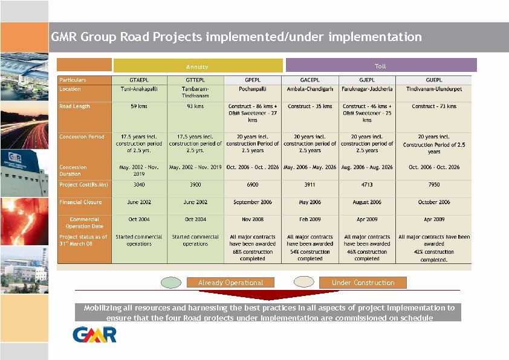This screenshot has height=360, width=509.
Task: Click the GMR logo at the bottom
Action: click(x=94, y=334)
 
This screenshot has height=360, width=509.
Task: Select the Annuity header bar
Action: click(x=198, y=66)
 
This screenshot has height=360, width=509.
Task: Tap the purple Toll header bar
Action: click(x=381, y=65)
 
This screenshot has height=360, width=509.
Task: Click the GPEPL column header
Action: click(x=253, y=80)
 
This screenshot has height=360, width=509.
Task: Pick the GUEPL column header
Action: click(x=433, y=80)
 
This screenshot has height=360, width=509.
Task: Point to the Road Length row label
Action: click(x=74, y=106)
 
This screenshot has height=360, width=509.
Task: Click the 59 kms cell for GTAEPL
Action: click(x=138, y=106)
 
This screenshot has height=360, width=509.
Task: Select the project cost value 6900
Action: click(x=253, y=185)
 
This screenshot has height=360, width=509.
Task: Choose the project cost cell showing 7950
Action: click(x=433, y=185)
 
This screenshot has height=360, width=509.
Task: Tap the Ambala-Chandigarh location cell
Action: click(x=310, y=89)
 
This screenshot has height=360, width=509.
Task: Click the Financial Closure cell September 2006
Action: click(x=253, y=202)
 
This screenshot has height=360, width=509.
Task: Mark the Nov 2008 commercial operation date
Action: click(x=253, y=220)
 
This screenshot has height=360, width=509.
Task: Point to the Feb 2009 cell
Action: click(x=310, y=220)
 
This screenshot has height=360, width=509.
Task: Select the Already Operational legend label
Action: click(x=231, y=283)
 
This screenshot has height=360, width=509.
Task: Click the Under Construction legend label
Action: click(x=363, y=283)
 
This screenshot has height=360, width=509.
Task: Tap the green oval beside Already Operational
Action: click(x=171, y=282)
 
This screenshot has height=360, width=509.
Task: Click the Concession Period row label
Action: click(x=82, y=137)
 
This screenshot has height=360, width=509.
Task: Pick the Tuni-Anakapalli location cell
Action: click(x=138, y=89)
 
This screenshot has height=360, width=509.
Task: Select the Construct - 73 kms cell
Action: click(x=433, y=106)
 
